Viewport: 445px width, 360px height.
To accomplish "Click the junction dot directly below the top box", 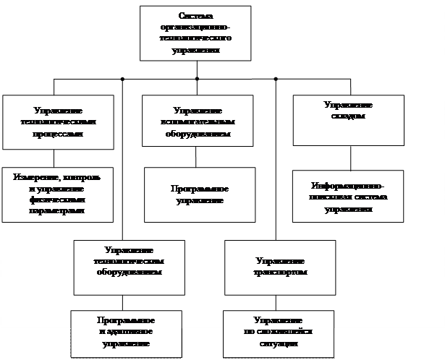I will click(197, 78).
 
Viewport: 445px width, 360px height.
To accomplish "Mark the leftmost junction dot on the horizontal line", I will click(123, 78).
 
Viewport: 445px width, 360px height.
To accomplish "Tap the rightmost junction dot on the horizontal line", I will click(276, 78).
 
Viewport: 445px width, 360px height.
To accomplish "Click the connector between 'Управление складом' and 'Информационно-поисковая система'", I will click(352, 158).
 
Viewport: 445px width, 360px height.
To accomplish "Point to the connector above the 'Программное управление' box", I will click(197, 158).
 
